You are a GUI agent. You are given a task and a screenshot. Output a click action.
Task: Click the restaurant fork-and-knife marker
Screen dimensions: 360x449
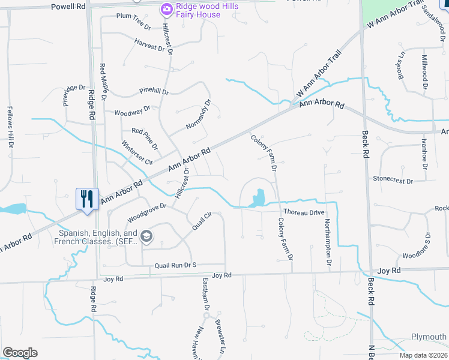pyautogui.click(x=87, y=199)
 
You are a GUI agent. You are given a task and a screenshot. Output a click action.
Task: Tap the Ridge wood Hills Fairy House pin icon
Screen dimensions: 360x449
pyautogui.click(x=166, y=9)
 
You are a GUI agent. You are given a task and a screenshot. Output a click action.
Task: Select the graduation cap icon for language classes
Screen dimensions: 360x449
pyautogui.click(x=146, y=237)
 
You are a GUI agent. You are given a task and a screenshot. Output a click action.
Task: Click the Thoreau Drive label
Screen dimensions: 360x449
pyautogui.click(x=304, y=212)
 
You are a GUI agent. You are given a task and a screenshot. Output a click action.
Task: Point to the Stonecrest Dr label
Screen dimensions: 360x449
pyautogui.click(x=393, y=179)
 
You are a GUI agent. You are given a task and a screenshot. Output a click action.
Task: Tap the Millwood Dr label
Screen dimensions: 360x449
pyautogui.click(x=424, y=72)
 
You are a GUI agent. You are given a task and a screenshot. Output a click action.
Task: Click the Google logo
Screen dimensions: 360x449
pyautogui.click(x=20, y=353)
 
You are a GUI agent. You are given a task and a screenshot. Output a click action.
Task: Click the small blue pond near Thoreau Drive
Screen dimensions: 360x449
pyautogui.click(x=259, y=197)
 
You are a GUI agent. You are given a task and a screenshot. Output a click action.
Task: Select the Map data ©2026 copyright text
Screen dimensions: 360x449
pyautogui.click(x=423, y=355)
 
